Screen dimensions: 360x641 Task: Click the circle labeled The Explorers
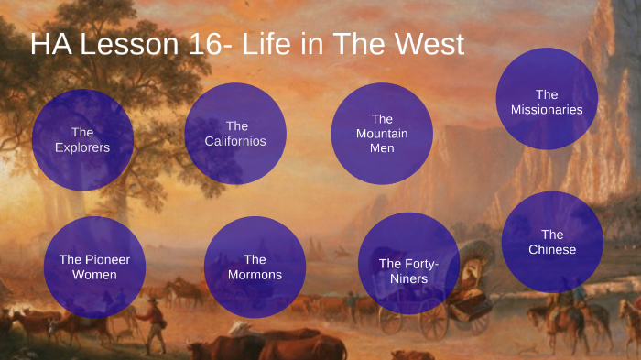pyautogui.click(x=82, y=139)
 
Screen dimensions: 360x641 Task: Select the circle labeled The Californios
pyautogui.click(x=236, y=134)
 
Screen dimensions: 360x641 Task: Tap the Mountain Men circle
pyautogui.click(x=381, y=134)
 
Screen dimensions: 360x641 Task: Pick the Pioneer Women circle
pyautogui.click(x=94, y=267)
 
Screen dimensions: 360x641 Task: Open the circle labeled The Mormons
pyautogui.click(x=255, y=267)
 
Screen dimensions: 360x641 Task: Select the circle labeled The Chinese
pyautogui.click(x=552, y=242)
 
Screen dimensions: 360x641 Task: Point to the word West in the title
pyautogui.click(x=429, y=44)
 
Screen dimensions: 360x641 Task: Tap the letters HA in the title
pyautogui.click(x=49, y=44)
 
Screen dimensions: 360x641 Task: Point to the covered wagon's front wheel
pyautogui.click(x=391, y=321)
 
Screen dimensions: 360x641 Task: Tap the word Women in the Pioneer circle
pyautogui.click(x=94, y=275)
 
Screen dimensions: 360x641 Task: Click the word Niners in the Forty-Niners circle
pyautogui.click(x=408, y=278)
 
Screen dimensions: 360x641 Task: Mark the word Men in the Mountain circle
pyautogui.click(x=382, y=148)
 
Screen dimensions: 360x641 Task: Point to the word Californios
pyautogui.click(x=236, y=141)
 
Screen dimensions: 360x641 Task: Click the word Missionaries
pyautogui.click(x=547, y=110)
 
